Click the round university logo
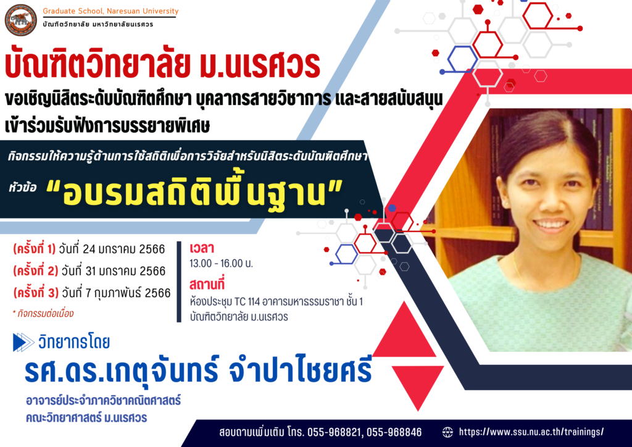coord(20,20)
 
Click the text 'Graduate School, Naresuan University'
coord(110,11)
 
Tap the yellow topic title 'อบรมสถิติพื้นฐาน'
coord(194,192)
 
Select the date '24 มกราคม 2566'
coord(123,249)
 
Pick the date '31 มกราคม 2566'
coord(125,271)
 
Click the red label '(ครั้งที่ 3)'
coord(36,292)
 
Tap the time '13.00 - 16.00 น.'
coord(222,264)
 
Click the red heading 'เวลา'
coord(202,248)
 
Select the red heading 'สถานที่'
coord(207,285)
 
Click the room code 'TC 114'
coord(247,301)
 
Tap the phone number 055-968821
coord(334,432)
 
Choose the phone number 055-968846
coord(394,432)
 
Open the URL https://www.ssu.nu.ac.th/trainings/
coord(531,432)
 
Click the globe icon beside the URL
coord(447,432)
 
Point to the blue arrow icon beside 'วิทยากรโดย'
coord(24,342)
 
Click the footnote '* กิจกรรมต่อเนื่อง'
coord(43,314)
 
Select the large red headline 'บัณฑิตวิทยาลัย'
coord(97,64)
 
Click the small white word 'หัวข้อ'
coord(23,188)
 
